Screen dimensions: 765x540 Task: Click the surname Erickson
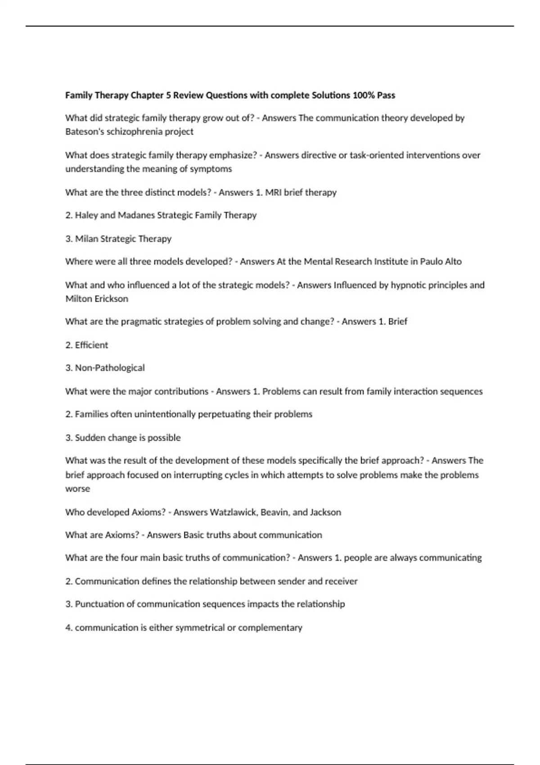point(111,299)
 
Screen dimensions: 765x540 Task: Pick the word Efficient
point(91,345)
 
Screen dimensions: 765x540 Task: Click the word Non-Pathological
point(110,368)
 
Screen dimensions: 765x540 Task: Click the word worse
point(77,489)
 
